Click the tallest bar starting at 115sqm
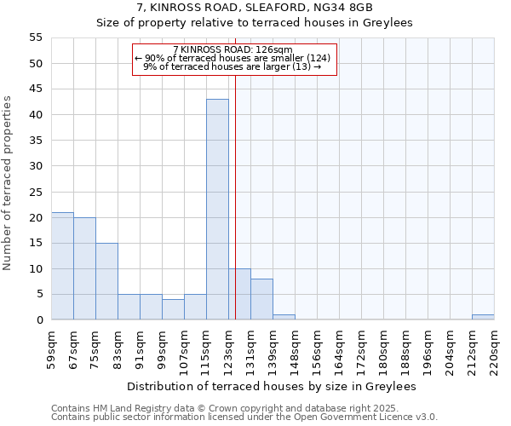(x=217, y=210)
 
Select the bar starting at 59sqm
(x=62, y=266)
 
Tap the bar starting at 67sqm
(x=84, y=268)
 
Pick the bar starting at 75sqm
(x=106, y=281)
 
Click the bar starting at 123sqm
(x=239, y=294)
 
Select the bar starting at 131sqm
(x=261, y=299)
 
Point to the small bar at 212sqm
(x=483, y=317)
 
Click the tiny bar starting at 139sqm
(x=284, y=317)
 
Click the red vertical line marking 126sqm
(x=235, y=187)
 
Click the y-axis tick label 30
(x=36, y=166)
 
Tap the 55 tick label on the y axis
(x=36, y=37)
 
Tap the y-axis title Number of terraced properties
(x=9, y=182)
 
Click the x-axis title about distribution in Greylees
(x=272, y=387)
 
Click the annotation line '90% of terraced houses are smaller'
(x=233, y=58)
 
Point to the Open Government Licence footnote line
(x=244, y=417)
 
